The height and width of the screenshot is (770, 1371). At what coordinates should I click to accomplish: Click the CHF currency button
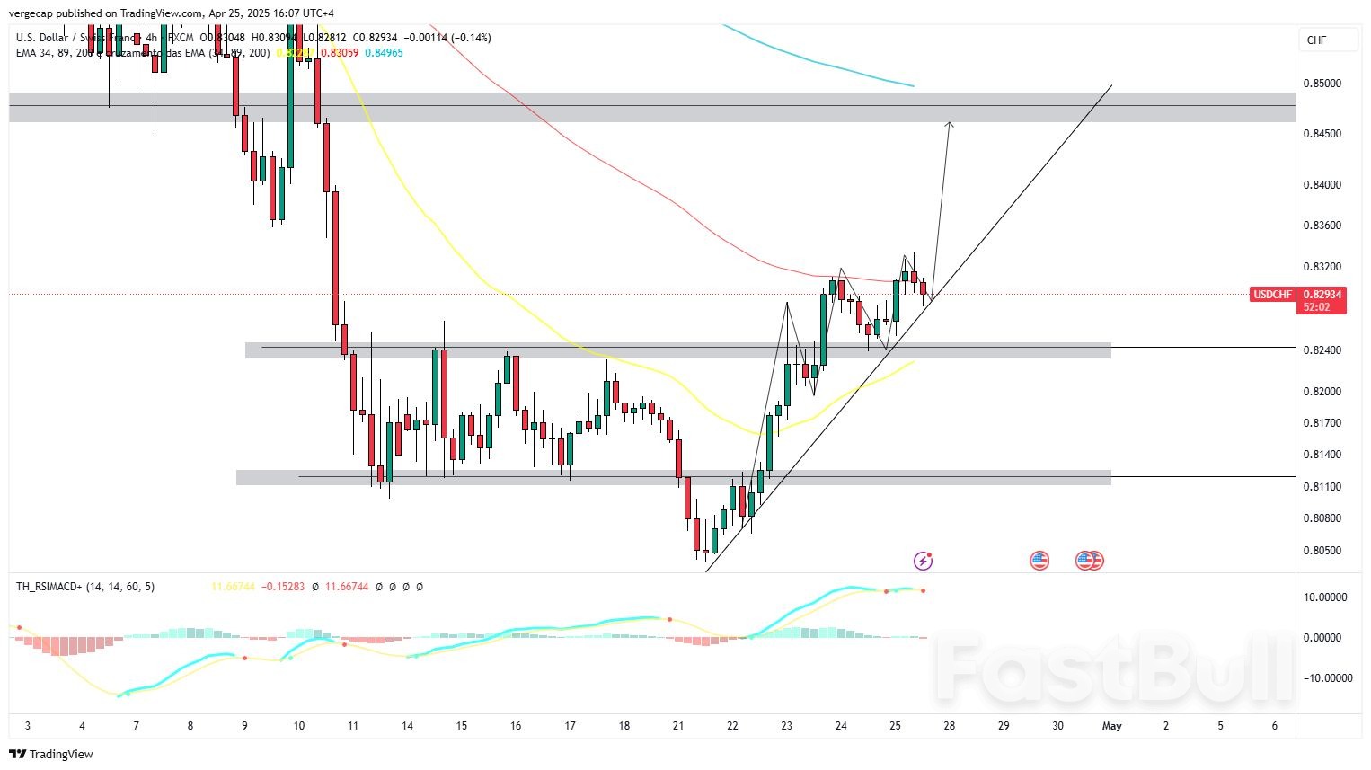coord(1316,40)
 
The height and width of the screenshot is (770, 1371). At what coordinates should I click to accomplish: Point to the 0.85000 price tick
coord(1322,84)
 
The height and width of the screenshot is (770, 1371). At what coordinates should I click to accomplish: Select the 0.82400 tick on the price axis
coord(1322,350)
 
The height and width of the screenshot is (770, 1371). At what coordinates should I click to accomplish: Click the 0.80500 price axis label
coord(1322,551)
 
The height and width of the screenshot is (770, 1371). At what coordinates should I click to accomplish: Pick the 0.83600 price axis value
coord(1322,226)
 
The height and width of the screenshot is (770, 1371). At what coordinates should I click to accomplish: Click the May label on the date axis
coord(1111,726)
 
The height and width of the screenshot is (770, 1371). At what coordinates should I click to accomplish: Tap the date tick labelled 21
coord(678,726)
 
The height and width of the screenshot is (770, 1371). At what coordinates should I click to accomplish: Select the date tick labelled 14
coord(408,726)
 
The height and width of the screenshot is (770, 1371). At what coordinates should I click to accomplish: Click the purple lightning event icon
coord(923,561)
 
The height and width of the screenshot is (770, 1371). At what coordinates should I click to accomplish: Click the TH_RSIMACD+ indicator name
coord(50,587)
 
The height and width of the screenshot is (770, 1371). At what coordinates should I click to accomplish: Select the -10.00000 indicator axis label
coord(1321,678)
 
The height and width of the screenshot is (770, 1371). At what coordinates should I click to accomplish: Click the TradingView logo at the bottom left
coord(51,754)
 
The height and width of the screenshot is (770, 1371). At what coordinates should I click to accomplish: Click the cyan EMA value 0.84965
coord(384,53)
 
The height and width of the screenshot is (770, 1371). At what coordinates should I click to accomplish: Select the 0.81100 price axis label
coord(1322,487)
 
